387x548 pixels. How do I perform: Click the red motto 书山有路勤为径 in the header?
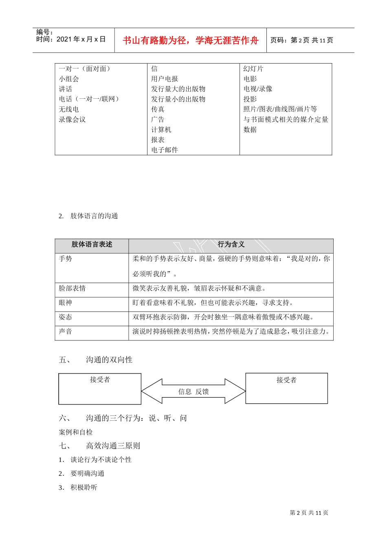point(190,40)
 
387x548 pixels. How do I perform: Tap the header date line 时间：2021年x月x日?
point(71,39)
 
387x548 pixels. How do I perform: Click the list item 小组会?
point(69,79)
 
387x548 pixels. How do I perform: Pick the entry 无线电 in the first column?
point(69,109)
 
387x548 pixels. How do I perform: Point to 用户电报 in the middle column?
point(165,79)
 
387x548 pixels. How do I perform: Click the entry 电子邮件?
point(165,150)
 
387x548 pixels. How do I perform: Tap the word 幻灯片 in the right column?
point(253,69)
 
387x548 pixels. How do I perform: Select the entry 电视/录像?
point(258,89)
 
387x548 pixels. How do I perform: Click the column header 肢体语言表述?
point(92,245)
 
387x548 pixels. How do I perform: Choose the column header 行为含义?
point(231,245)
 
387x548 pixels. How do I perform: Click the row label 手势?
point(65,259)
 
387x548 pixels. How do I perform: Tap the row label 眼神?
point(65,303)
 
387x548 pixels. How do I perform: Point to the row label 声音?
point(65,331)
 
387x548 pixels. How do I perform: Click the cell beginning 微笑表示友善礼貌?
point(200,289)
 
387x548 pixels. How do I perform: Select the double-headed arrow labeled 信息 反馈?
point(193,391)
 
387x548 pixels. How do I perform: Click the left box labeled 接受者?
point(100,389)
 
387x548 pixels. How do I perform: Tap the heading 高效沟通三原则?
point(113,446)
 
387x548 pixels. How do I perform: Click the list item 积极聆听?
point(84,487)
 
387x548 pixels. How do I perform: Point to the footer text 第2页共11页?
point(309,513)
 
